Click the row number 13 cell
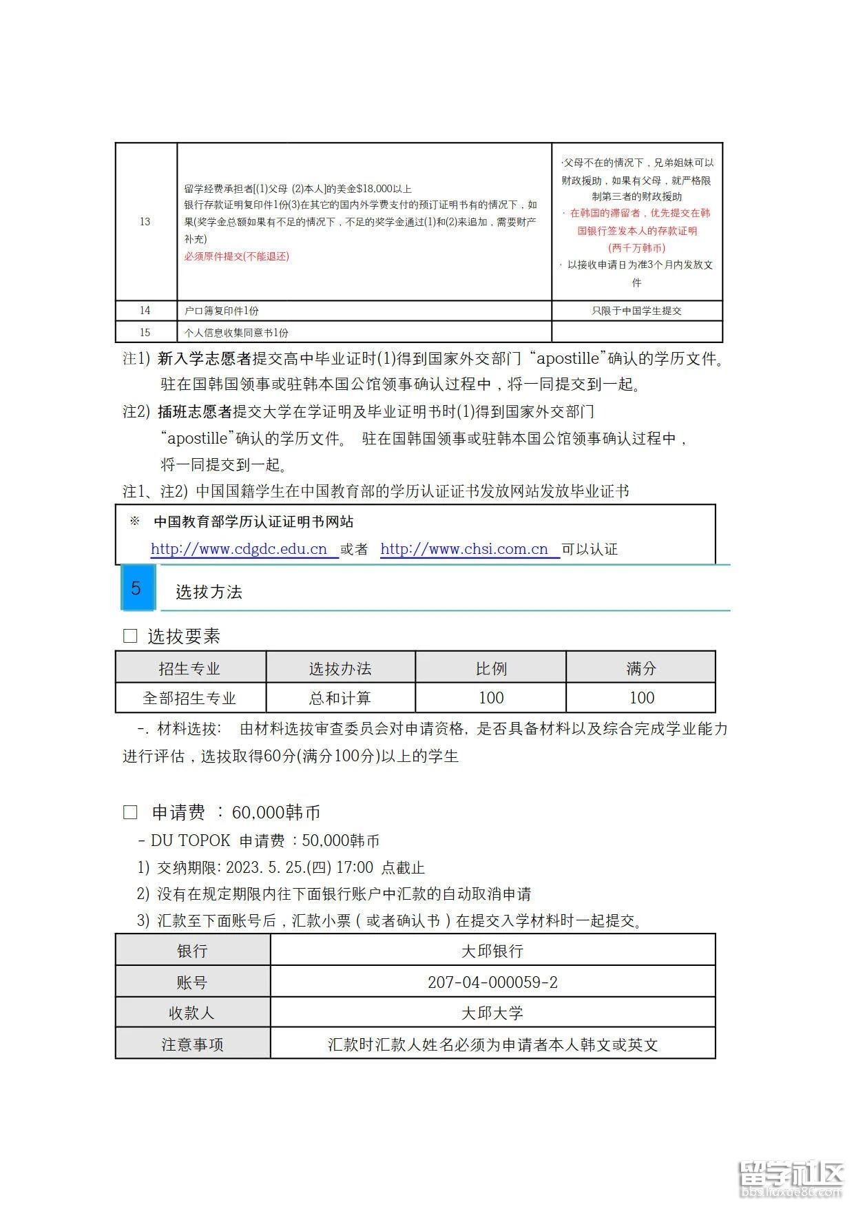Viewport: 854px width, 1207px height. coord(145,221)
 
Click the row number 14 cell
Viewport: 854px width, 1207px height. coord(145,311)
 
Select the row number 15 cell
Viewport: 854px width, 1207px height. coord(145,332)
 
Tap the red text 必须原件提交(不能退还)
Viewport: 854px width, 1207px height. coord(236,256)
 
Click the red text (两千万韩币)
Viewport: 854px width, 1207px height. coord(636,247)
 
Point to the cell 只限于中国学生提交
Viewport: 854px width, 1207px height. coord(636,311)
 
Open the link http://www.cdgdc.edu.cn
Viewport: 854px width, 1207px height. coord(239,549)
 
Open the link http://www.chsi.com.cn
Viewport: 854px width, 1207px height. coord(464,549)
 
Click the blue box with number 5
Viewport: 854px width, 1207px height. coord(136,588)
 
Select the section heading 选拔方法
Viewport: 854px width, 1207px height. coord(209,592)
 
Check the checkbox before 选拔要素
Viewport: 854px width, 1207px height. coord(130,636)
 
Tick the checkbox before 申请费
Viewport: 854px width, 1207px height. coord(130,812)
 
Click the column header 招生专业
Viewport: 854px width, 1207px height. coord(189,668)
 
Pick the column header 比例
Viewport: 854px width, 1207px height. coord(491,668)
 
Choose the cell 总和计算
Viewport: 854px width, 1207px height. coord(340,698)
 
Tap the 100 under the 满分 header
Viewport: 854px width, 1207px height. coord(641,698)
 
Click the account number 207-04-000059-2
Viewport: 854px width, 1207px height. coord(492,982)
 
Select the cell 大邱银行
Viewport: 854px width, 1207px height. coord(492,951)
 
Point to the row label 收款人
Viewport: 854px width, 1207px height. coord(192,1013)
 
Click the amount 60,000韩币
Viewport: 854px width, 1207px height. coord(276,812)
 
